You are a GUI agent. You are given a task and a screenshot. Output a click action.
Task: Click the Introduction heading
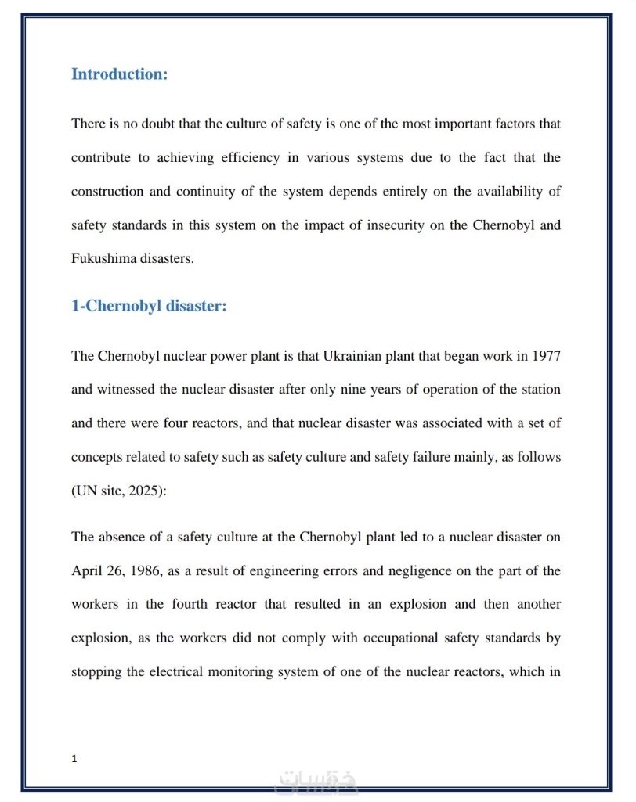click(x=119, y=74)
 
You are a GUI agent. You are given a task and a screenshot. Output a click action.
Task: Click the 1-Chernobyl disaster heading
click(x=149, y=306)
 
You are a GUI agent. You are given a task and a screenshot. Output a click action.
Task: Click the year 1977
click(x=546, y=356)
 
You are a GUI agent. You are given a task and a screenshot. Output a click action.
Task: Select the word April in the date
click(x=87, y=570)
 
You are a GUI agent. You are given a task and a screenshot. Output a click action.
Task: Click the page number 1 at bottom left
click(x=74, y=757)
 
